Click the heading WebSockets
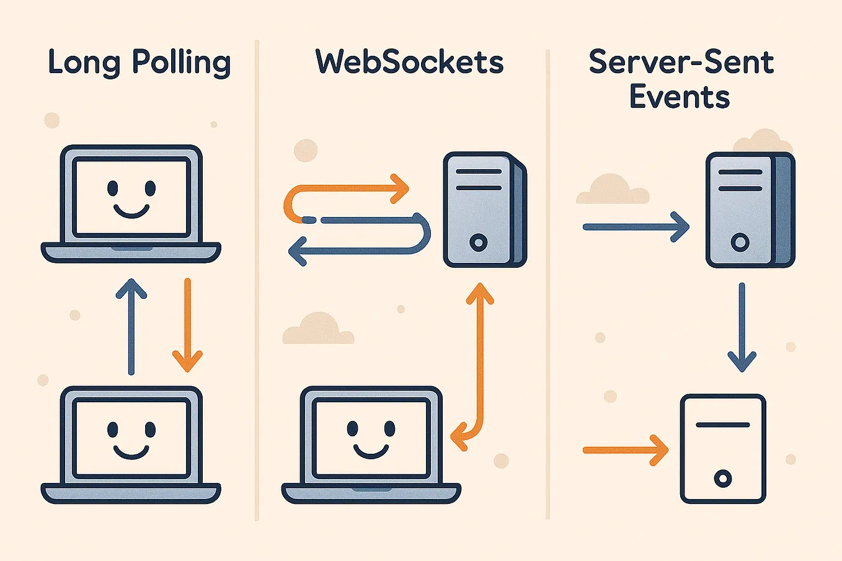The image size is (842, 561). tap(409, 63)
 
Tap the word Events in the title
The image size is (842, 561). tap(680, 97)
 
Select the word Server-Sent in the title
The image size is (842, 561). tap(681, 62)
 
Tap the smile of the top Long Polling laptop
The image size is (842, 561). tap(131, 211)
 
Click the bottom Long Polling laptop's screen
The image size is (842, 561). tap(131, 437)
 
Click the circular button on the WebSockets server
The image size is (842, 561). tap(478, 242)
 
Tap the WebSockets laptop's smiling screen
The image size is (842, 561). tap(371, 437)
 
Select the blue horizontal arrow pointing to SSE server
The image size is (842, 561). tap(636, 227)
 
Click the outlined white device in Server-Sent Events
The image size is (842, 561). tap(723, 449)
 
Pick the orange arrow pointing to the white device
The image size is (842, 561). tap(625, 450)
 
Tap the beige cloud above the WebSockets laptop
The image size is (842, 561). tap(318, 330)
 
